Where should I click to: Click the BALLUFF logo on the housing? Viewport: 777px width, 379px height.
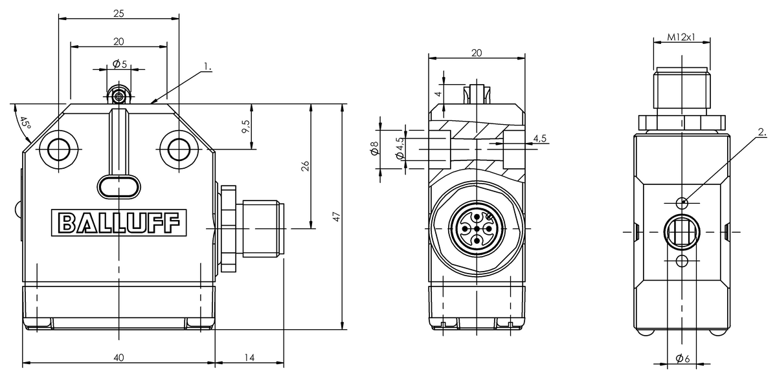point(119,222)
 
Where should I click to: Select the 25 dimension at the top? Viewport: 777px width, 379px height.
point(118,13)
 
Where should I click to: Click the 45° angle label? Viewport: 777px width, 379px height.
point(25,124)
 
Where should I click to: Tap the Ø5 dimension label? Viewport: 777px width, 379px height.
point(119,64)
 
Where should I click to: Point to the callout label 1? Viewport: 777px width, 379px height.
point(207,67)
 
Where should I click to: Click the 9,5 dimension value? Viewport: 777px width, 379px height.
point(245,127)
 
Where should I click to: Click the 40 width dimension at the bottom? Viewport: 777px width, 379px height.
point(118,357)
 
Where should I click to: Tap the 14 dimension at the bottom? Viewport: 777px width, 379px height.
point(249,357)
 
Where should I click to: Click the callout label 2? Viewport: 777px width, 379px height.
point(761,133)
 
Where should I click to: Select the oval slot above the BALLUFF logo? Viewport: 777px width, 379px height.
point(118,186)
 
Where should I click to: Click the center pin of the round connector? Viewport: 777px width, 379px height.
point(476,228)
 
